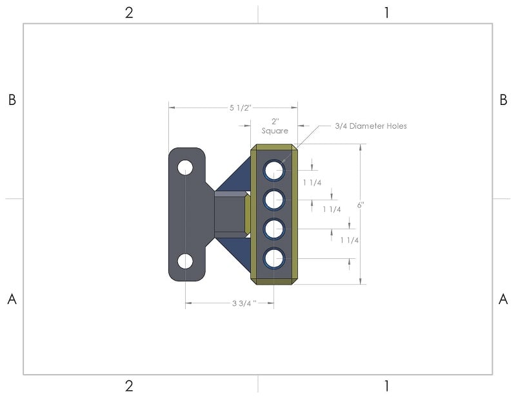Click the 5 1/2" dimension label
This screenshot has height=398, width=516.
[240, 108]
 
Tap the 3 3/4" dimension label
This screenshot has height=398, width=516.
[244, 303]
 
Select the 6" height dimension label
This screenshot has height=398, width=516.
[361, 205]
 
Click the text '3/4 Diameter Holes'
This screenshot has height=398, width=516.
[371, 126]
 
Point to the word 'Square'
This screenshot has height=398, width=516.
[275, 131]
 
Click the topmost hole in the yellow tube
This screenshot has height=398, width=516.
[273, 170]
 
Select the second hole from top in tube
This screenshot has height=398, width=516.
[273, 200]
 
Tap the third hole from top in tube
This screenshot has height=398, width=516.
[273, 229]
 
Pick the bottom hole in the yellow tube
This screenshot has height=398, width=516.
[273, 258]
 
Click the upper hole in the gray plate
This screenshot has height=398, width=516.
[185, 167]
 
